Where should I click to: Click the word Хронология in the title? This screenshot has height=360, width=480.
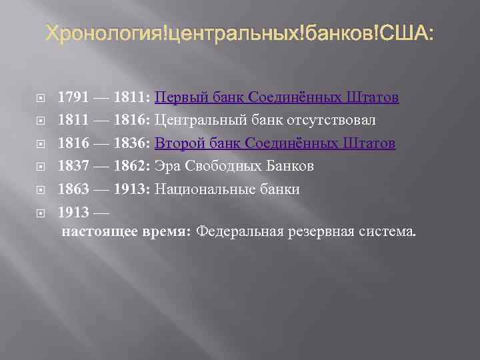[103, 33]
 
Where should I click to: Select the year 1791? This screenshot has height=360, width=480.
[71, 98]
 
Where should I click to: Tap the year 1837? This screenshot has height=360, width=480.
[71, 166]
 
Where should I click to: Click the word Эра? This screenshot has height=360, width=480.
[167, 166]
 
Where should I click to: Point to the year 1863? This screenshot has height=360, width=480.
[71, 189]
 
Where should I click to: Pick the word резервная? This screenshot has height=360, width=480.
[321, 232]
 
